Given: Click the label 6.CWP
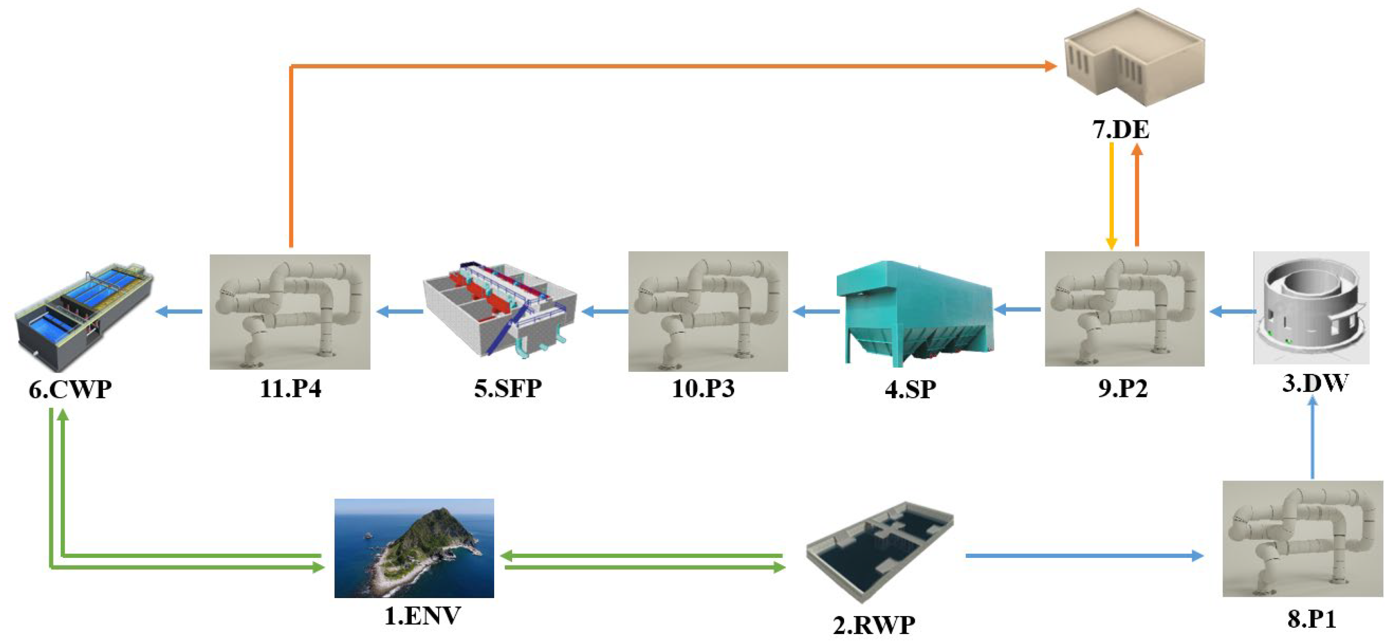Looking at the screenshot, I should tap(70, 389).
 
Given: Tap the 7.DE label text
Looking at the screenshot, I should tap(1121, 130).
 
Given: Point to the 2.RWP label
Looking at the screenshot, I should tap(874, 625).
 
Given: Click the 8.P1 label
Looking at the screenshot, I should tap(1311, 619).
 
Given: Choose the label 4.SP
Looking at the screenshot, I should tap(910, 389).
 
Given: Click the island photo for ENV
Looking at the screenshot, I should tap(414, 548).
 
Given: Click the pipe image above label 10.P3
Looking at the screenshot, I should tap(708, 311).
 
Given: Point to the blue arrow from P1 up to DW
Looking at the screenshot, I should tap(1312, 439).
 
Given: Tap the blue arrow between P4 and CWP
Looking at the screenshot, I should tap(179, 311).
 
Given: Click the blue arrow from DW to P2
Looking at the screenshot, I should tap(1232, 311).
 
